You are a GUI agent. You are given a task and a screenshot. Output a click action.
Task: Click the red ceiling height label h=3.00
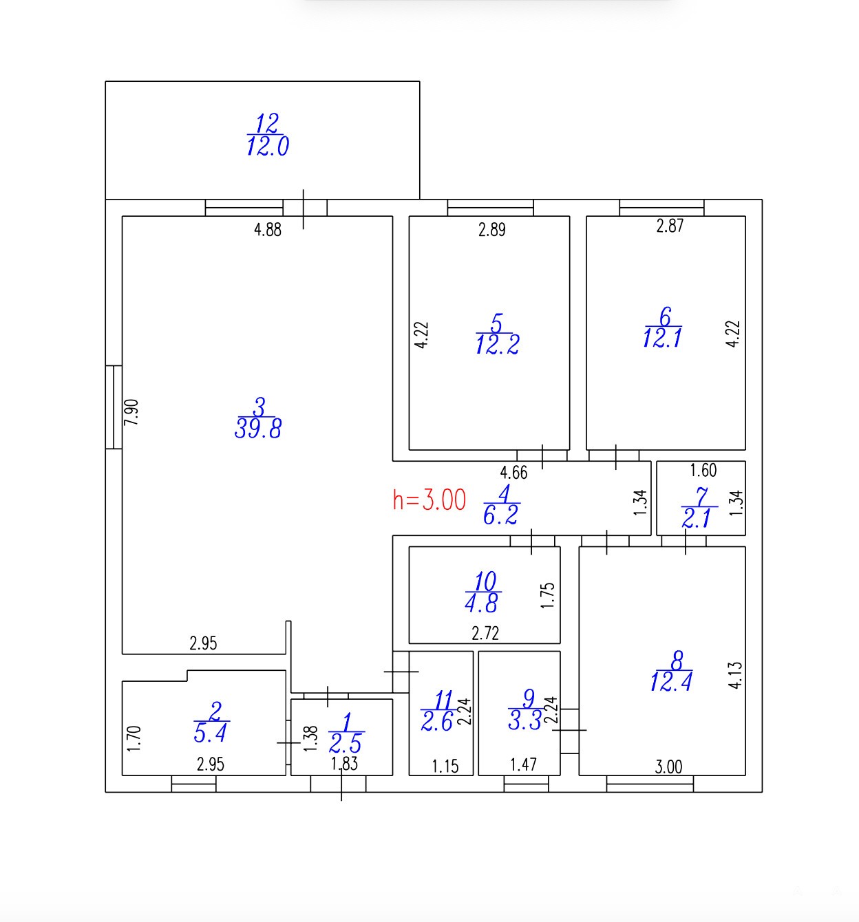[x=429, y=500]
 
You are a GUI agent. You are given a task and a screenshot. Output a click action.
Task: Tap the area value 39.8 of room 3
[x=258, y=429]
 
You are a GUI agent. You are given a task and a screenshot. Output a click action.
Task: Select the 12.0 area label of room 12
[x=268, y=146]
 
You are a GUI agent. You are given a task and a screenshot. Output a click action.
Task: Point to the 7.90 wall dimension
[x=131, y=412]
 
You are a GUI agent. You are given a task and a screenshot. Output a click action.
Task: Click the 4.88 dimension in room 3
[x=268, y=230]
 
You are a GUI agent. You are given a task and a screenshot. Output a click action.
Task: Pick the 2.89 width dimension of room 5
[x=492, y=230]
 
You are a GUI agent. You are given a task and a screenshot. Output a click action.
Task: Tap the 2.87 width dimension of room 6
[x=670, y=226]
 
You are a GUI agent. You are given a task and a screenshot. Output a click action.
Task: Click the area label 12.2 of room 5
[x=497, y=345]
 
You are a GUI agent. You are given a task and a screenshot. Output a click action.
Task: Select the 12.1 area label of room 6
[x=662, y=338]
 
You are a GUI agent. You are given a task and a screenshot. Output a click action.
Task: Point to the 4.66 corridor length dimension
[x=514, y=473]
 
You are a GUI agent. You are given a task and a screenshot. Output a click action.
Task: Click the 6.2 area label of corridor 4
[x=500, y=515]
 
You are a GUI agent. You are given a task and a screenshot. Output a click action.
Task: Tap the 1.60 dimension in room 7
[x=703, y=470]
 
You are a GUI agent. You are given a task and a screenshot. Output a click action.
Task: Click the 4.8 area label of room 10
[x=481, y=603]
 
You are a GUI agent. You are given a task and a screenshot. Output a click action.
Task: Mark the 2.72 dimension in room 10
[x=485, y=633]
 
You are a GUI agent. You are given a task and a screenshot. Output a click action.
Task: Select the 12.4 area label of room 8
[x=671, y=681]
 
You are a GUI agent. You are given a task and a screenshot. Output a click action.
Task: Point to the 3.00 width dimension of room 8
[x=668, y=766]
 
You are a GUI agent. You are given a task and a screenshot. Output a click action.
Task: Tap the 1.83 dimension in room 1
[x=344, y=764]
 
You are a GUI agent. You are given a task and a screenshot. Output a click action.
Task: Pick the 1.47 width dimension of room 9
[x=524, y=764]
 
